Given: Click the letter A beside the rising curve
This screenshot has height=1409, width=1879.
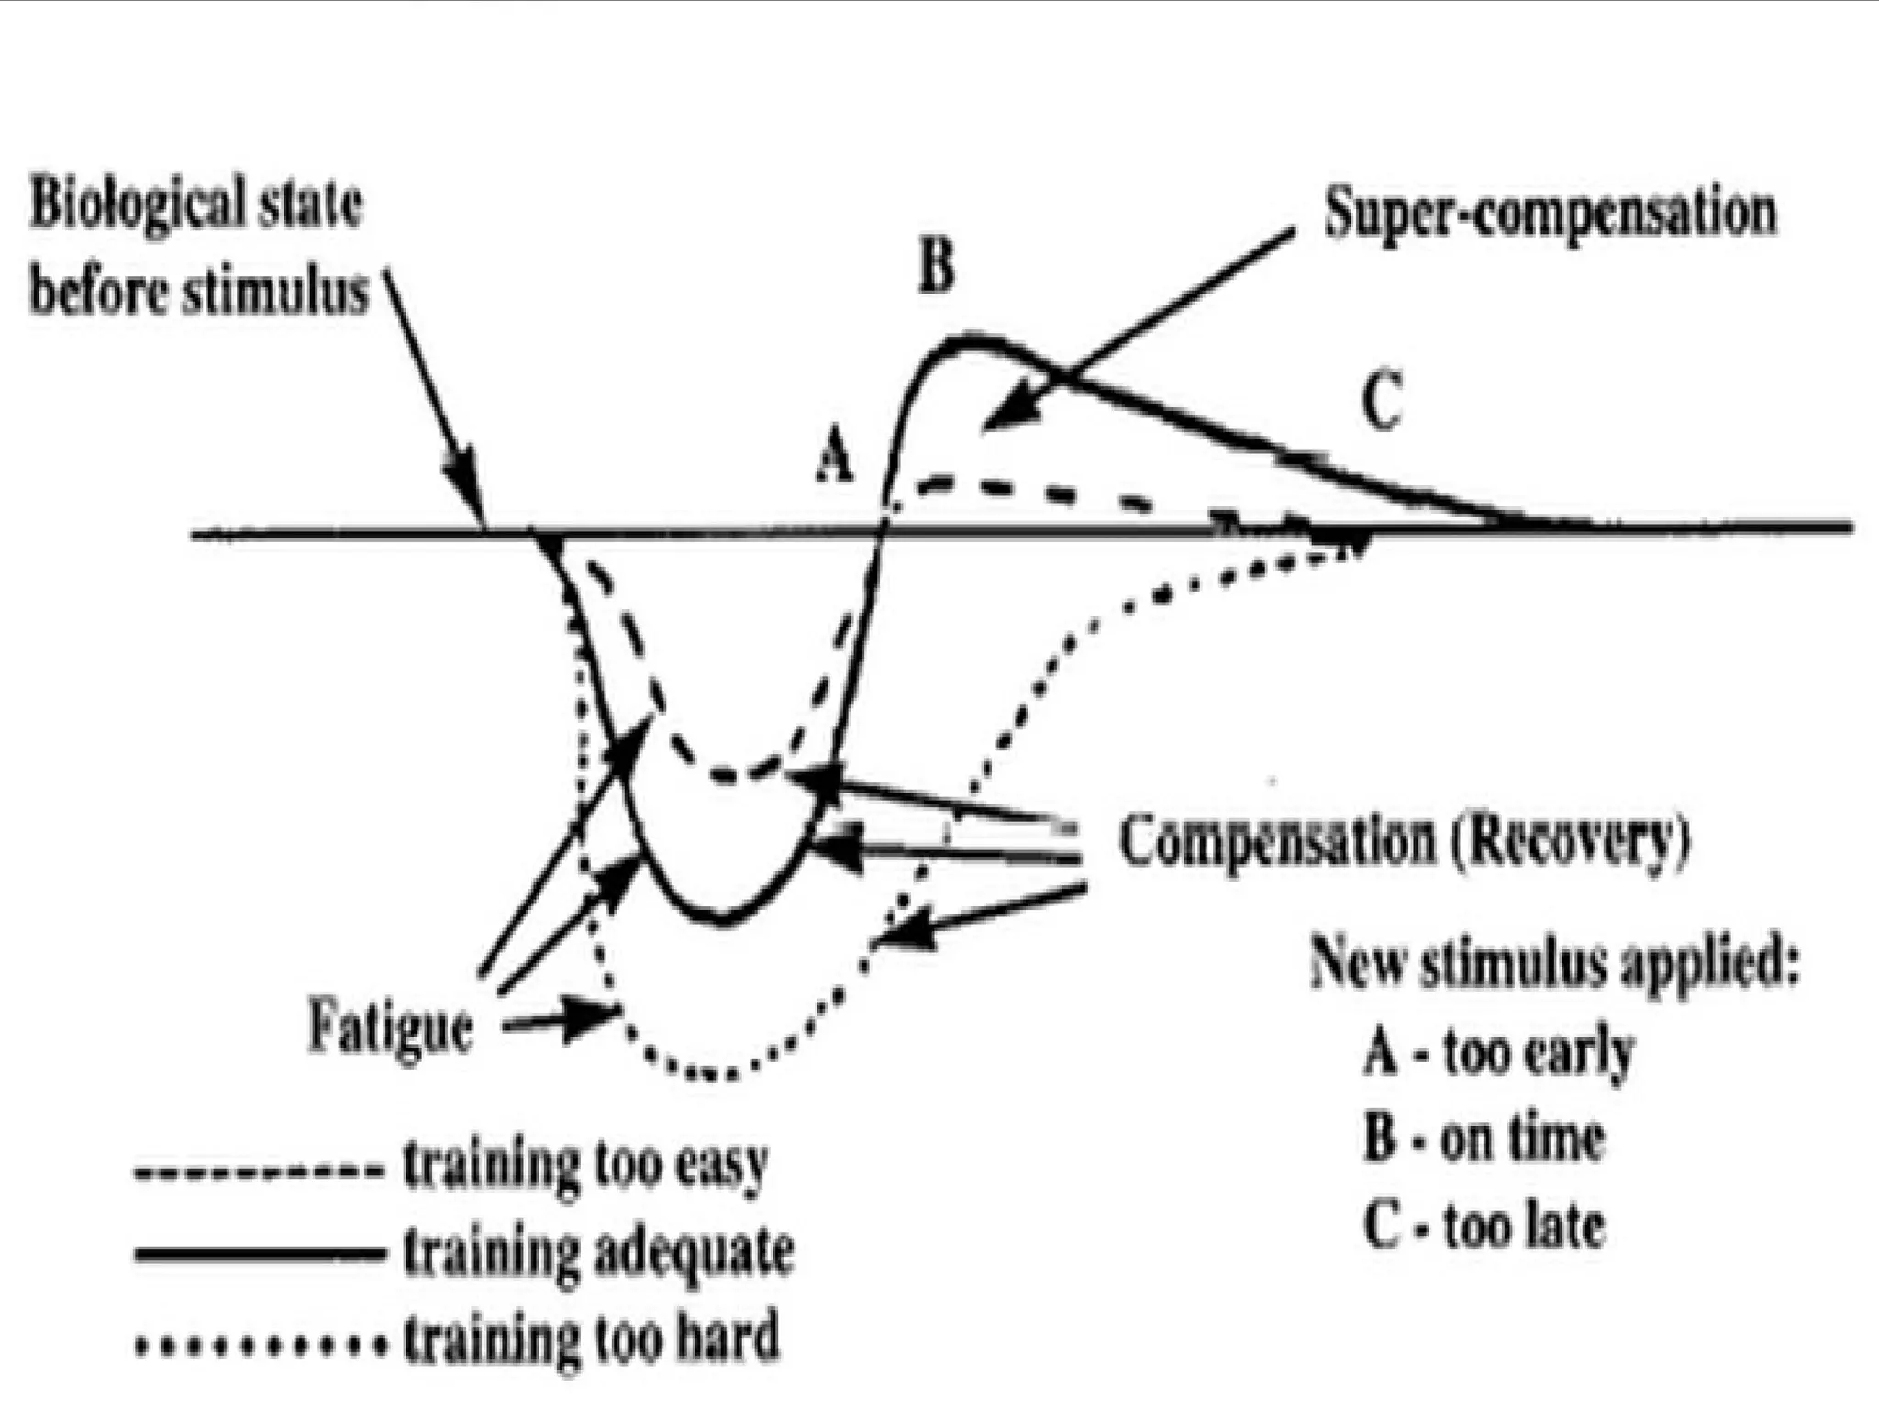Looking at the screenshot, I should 835,458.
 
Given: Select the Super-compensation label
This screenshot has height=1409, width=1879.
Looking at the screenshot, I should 1550,214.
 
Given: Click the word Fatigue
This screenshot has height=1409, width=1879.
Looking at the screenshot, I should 391,1027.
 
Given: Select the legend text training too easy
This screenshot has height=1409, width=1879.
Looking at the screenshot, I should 584,1164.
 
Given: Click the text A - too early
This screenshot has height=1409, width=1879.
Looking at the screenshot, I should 1498,1053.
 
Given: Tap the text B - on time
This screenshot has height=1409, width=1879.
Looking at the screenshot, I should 1484,1138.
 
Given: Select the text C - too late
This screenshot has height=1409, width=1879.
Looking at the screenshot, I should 1484,1226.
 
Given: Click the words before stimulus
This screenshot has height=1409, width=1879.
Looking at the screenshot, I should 198,293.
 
